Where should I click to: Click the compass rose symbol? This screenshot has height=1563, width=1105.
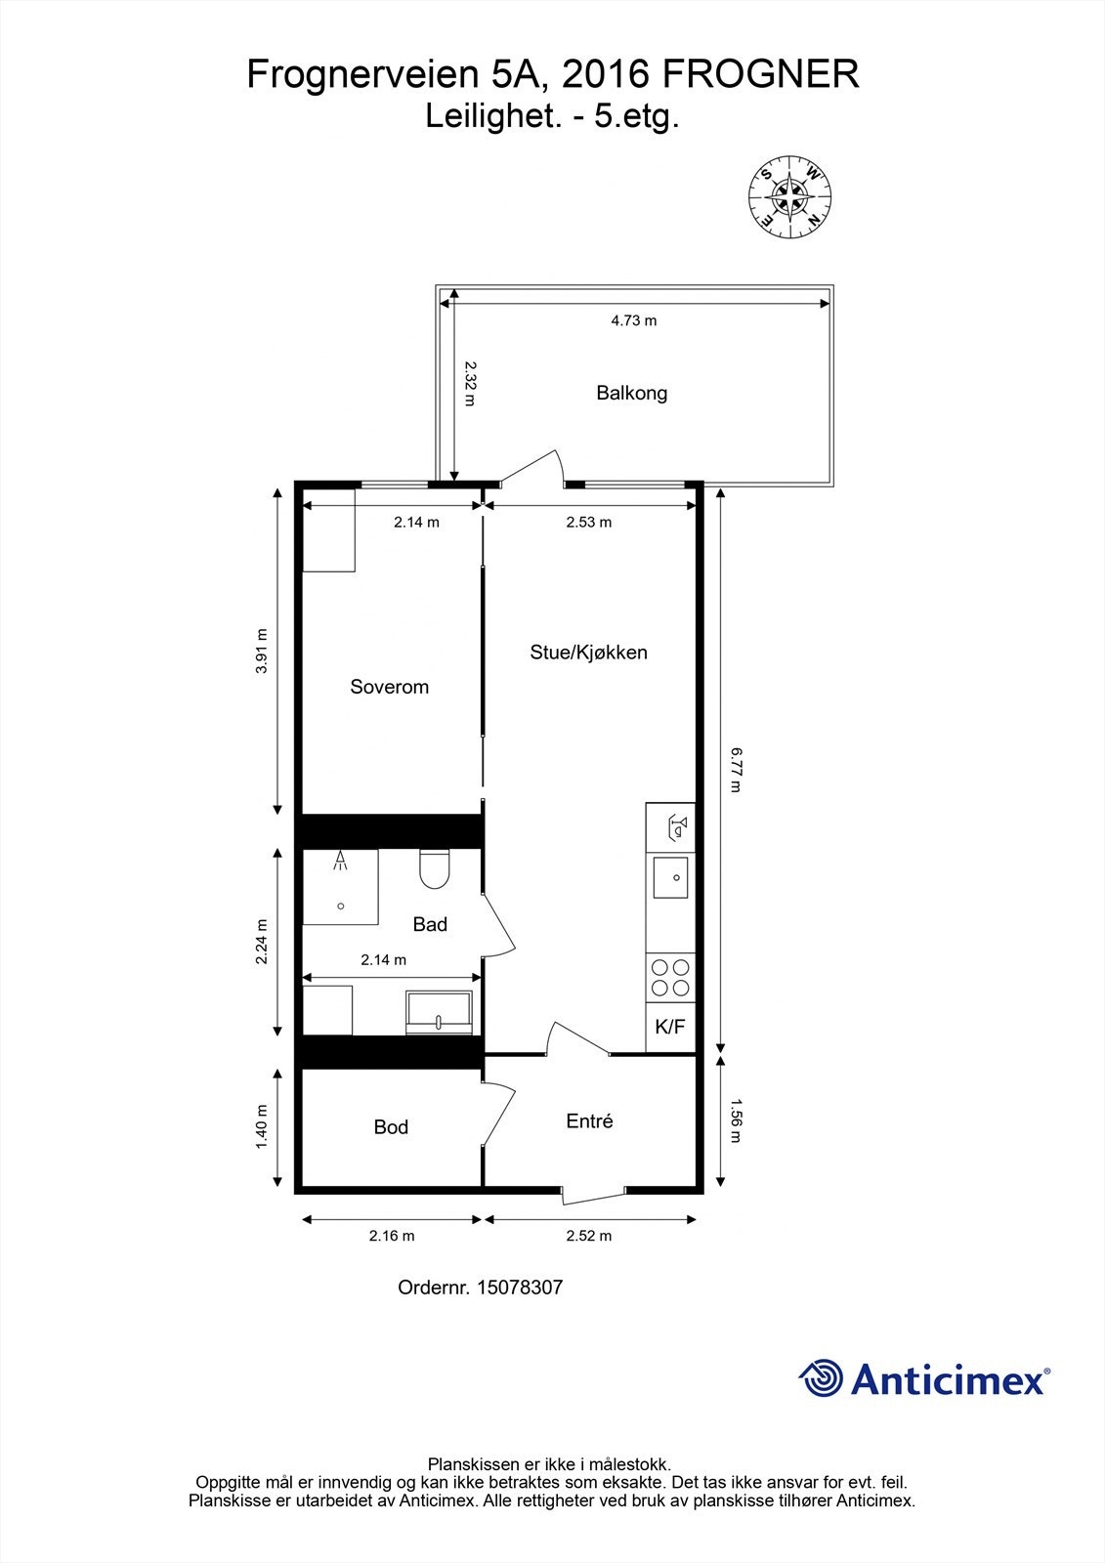coord(789,196)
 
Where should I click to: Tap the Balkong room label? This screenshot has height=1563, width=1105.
coord(631,394)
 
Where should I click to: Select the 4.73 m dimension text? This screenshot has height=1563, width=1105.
coord(633,320)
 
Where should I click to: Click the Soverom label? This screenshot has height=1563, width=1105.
coord(389,687)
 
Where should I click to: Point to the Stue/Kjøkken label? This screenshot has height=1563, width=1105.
coord(588,653)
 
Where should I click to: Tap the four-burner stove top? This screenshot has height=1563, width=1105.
coord(670,978)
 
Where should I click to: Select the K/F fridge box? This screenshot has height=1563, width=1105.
coord(670,1028)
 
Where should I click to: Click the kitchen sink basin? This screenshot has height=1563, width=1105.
coord(671,876)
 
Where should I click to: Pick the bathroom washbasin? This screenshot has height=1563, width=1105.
coord(440,1012)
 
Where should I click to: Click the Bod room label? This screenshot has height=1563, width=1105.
coord(391,1127)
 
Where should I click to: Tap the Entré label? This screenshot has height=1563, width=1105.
coord(589,1121)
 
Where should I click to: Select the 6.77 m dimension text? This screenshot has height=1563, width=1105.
coord(736,769)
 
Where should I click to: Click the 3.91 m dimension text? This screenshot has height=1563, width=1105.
coord(261,651)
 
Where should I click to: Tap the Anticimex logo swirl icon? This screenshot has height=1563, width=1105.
coord(822,1379)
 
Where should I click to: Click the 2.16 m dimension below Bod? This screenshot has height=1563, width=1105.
coord(391,1236)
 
